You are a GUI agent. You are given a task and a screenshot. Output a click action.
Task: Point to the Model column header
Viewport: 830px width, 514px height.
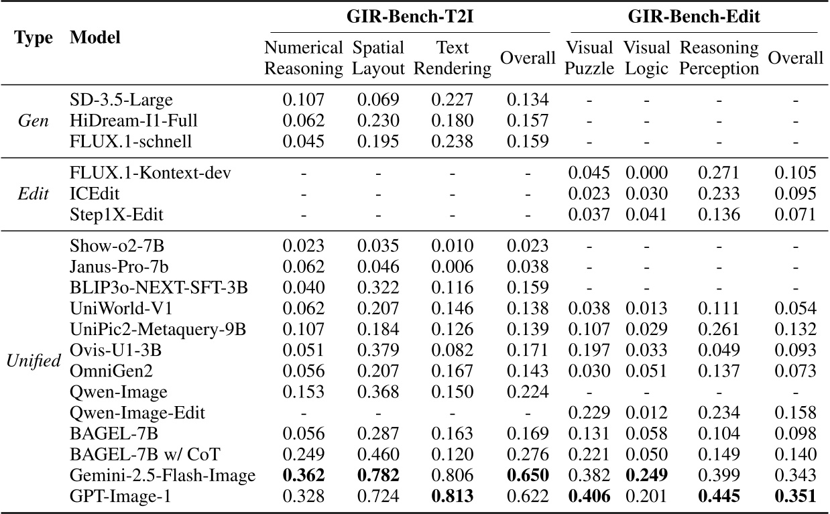click(x=95, y=38)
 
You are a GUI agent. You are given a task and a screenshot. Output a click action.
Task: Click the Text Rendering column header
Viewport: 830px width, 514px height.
click(x=453, y=58)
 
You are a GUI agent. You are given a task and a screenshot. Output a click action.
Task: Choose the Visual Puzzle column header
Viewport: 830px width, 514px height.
click(x=590, y=58)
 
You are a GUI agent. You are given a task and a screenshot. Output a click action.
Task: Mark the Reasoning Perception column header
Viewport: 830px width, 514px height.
click(x=719, y=58)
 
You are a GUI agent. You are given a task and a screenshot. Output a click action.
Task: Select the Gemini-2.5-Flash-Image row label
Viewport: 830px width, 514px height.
click(x=163, y=476)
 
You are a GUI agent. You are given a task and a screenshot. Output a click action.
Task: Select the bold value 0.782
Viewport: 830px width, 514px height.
click(x=379, y=476)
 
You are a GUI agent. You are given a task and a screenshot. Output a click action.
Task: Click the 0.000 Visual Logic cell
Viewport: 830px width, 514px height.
click(x=646, y=174)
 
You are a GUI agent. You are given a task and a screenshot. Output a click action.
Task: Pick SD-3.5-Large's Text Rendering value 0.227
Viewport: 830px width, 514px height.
click(x=453, y=101)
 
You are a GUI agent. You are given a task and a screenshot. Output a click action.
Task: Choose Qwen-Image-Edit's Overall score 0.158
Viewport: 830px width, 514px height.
click(x=795, y=413)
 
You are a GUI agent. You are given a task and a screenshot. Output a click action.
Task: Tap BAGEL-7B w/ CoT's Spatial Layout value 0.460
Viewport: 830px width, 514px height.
click(x=379, y=455)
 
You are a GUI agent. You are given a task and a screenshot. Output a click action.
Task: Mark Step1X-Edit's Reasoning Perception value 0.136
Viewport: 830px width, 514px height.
click(x=719, y=215)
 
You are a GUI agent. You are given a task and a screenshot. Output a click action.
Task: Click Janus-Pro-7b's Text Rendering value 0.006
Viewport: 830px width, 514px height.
click(x=453, y=267)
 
